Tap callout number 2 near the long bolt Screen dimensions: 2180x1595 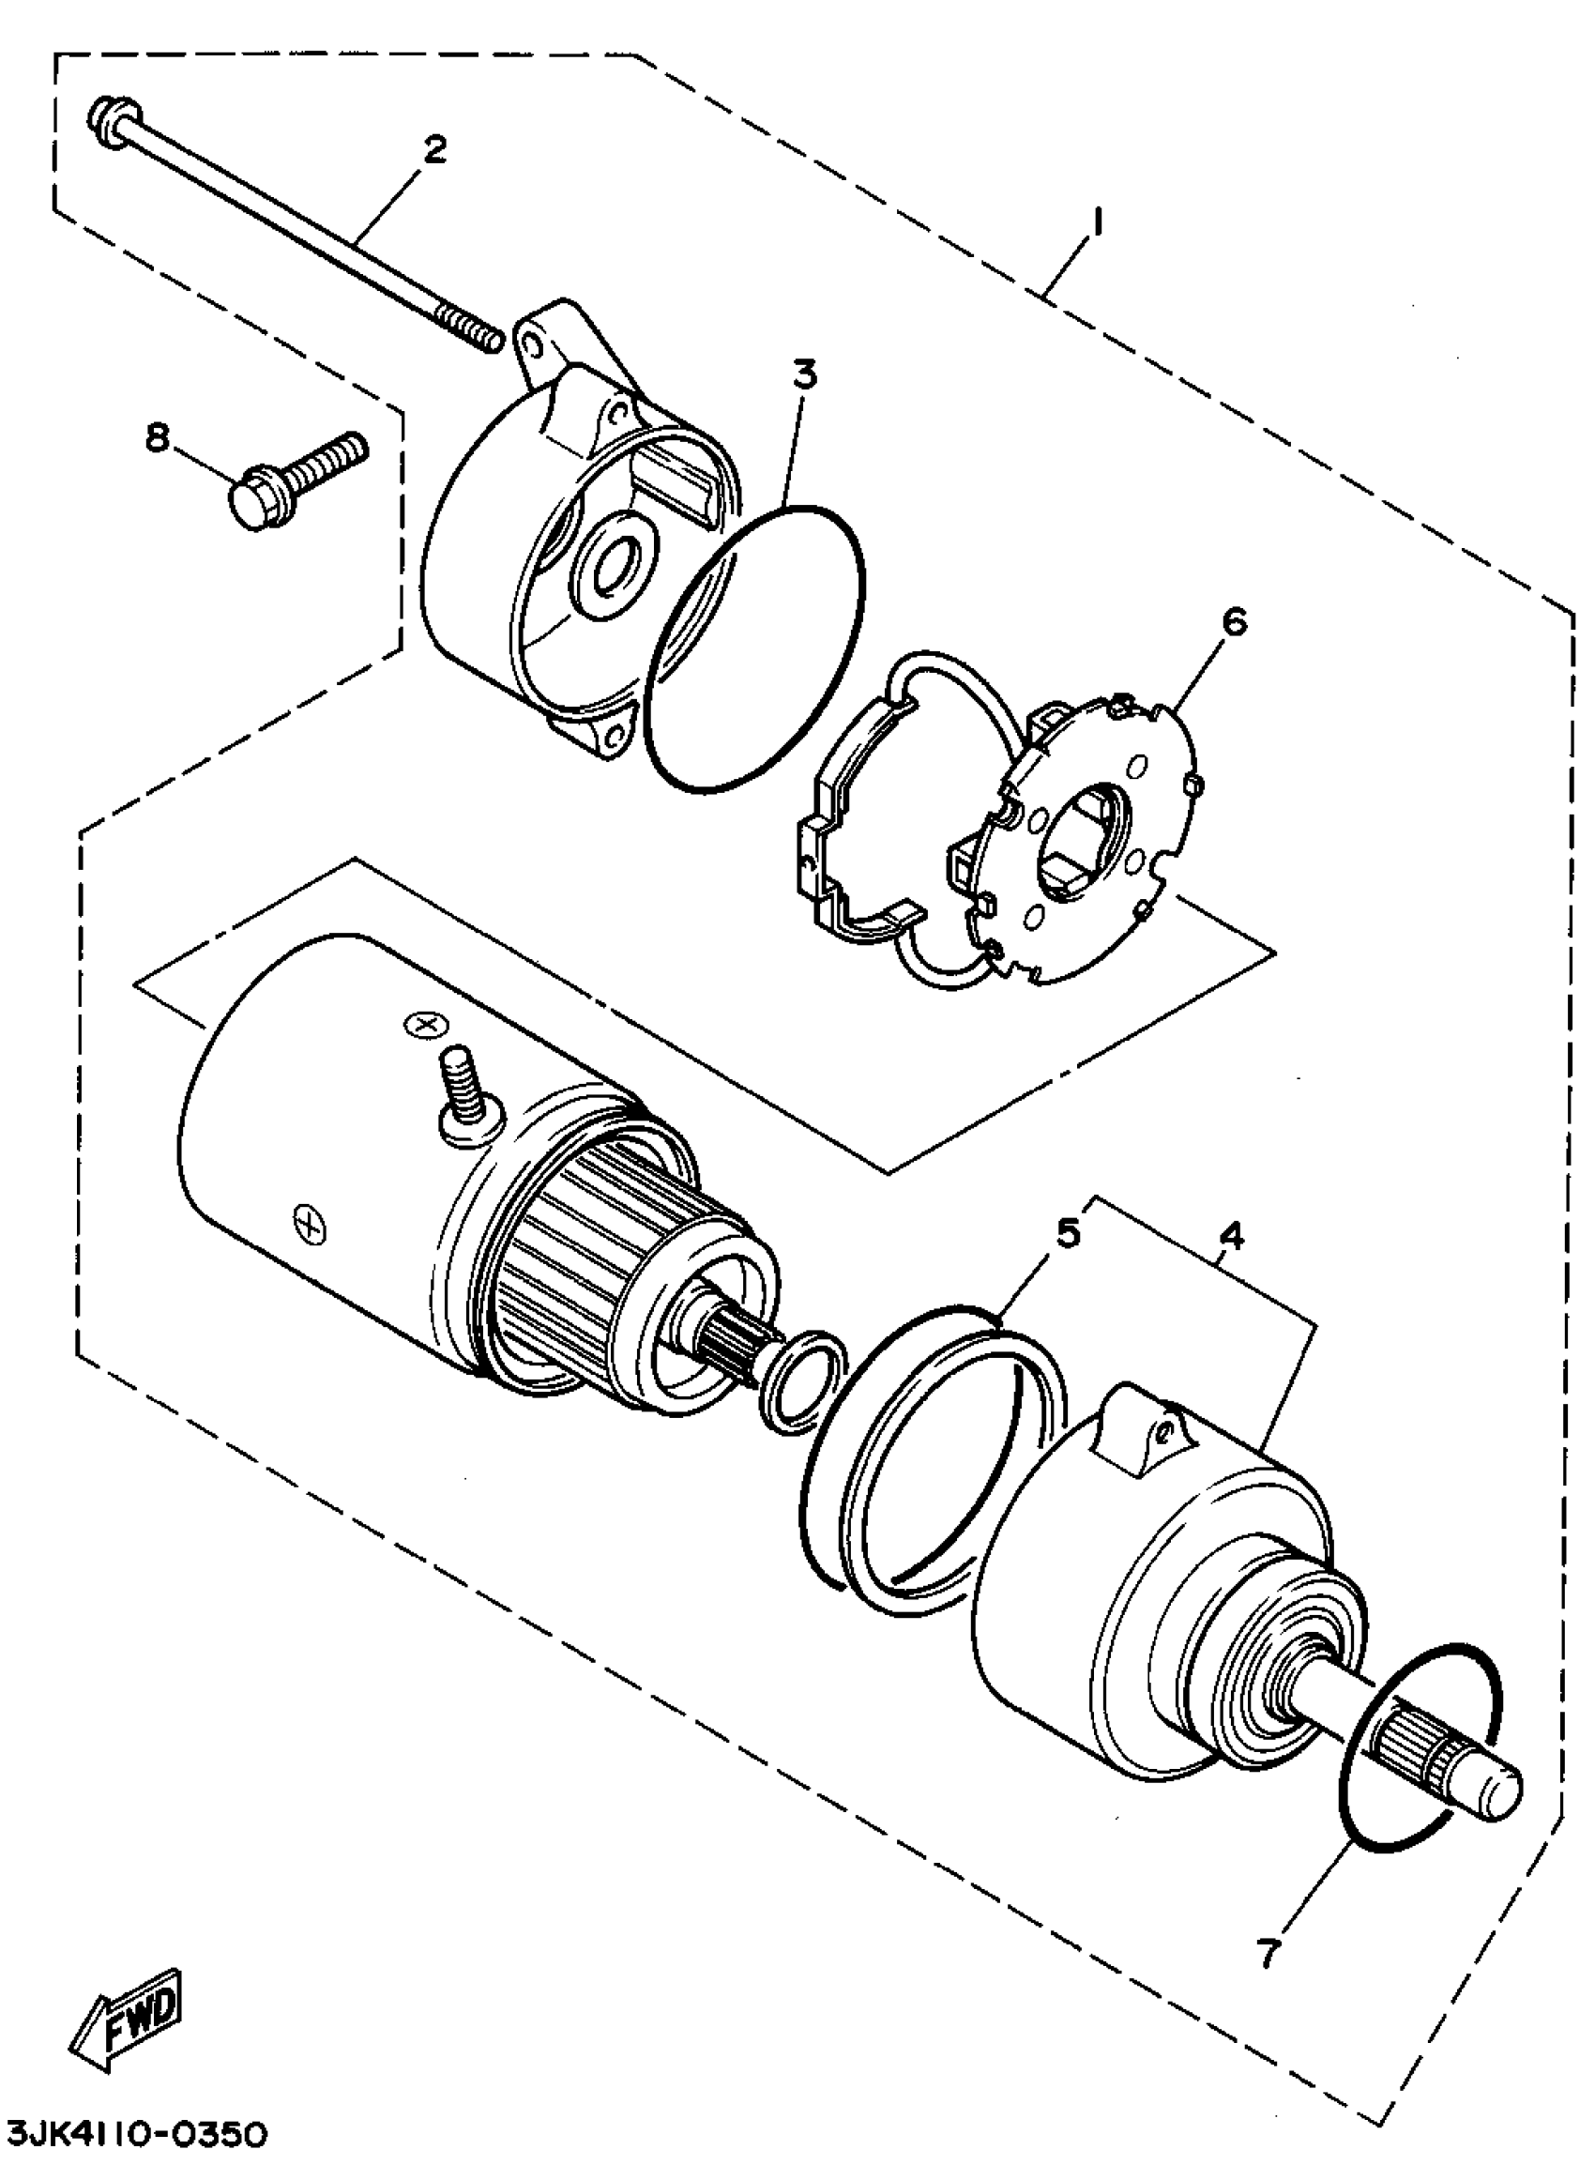coord(435,149)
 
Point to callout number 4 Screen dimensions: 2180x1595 coord(1232,1237)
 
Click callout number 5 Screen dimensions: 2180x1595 coord(1067,1233)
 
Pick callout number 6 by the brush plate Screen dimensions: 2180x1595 coord(1233,622)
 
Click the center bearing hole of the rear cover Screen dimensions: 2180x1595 coord(612,572)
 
